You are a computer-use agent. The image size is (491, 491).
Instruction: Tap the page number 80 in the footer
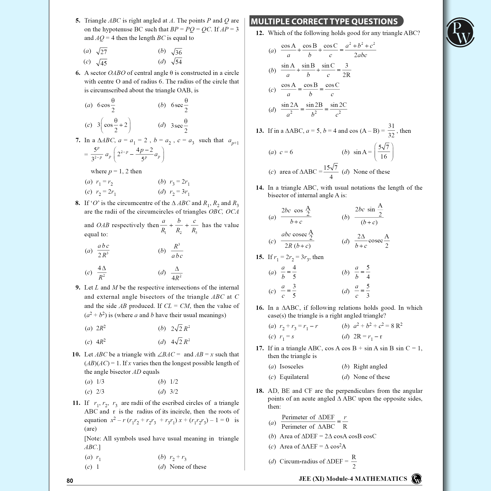[x=70, y=481]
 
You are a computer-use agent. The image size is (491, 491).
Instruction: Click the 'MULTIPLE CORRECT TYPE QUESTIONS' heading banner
[x=325, y=21]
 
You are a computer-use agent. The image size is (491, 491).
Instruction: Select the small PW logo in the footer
[x=417, y=479]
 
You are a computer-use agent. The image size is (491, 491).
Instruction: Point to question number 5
[x=78, y=21]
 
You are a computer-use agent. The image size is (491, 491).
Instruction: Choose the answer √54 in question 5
[x=177, y=62]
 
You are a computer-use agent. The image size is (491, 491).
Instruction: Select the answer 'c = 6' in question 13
[x=286, y=152]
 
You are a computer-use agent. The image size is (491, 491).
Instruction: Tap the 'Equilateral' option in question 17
[x=294, y=377]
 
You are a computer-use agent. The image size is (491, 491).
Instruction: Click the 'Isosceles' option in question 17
[x=292, y=366]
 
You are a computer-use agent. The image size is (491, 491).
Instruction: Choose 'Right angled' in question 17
[x=370, y=366]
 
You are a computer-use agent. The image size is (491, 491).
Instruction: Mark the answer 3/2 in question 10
[x=174, y=391]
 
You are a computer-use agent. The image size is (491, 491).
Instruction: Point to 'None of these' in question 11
[x=188, y=467]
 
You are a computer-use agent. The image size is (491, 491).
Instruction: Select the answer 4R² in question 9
[x=101, y=342]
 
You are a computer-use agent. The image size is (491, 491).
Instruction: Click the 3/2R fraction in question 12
[x=346, y=70]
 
